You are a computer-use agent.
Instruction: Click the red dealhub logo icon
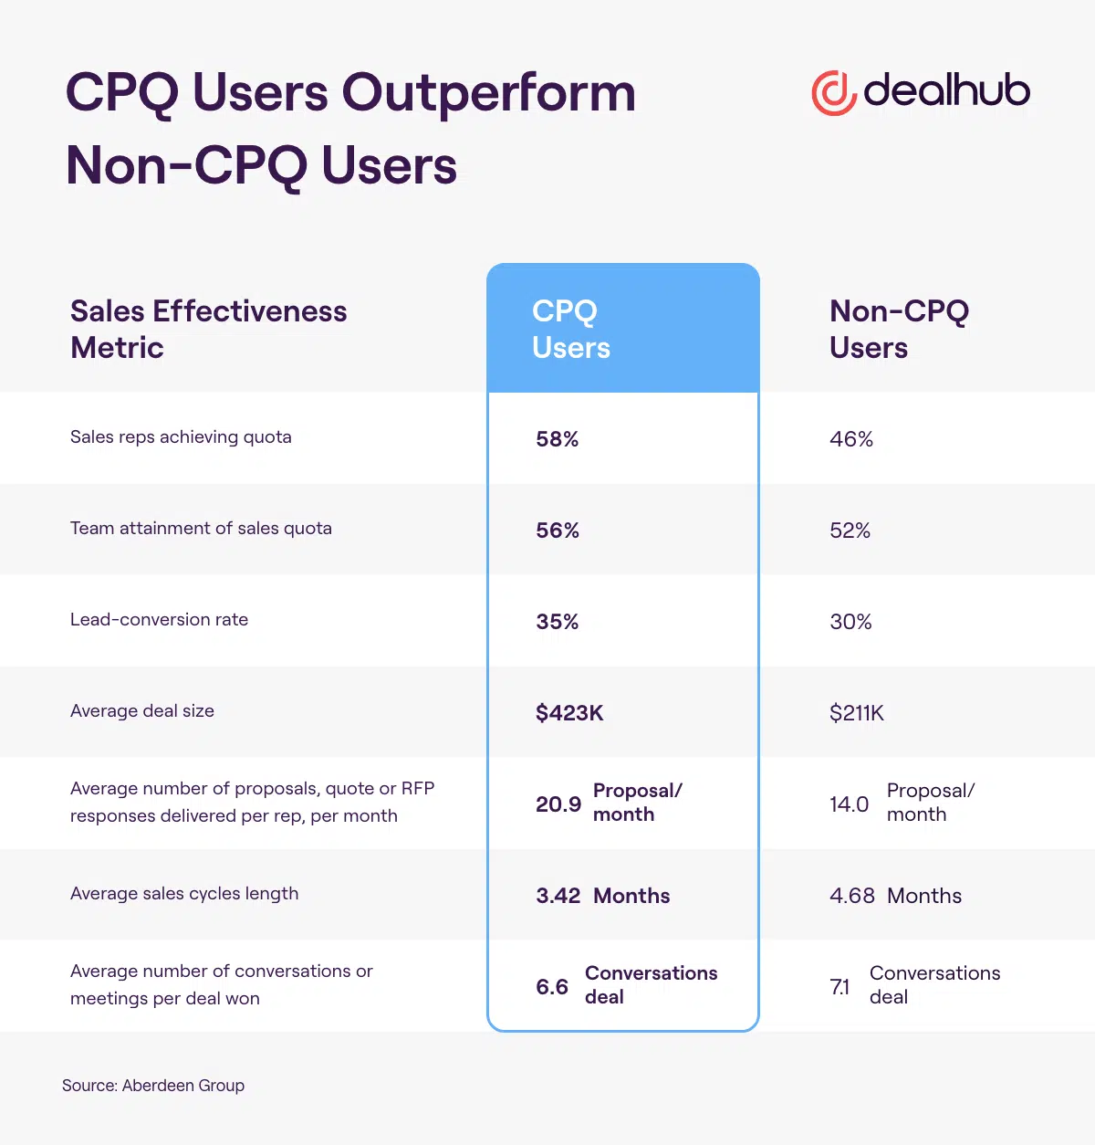click(x=833, y=92)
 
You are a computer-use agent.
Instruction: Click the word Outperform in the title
click(x=488, y=93)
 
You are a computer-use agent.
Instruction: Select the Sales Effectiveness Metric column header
click(x=208, y=329)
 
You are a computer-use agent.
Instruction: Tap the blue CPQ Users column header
click(x=571, y=329)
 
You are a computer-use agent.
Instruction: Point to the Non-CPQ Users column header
click(x=899, y=329)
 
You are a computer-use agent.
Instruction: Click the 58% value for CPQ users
click(x=558, y=439)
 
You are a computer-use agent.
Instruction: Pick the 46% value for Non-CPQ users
click(x=851, y=439)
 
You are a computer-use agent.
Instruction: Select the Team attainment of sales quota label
click(x=201, y=529)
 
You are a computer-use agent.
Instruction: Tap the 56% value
click(x=558, y=530)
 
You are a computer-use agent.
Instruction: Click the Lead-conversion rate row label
click(x=159, y=620)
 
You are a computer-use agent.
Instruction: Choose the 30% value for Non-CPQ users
click(x=850, y=622)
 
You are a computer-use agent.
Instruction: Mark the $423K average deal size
click(x=569, y=713)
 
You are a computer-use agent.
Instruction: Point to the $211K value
click(x=857, y=713)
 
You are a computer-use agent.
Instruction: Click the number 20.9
click(x=558, y=804)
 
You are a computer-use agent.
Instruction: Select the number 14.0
click(x=849, y=804)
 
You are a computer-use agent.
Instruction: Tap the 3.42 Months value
click(x=603, y=896)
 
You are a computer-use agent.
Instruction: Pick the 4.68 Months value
click(x=895, y=896)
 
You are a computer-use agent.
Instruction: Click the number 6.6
click(x=552, y=987)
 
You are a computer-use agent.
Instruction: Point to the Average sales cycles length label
click(x=184, y=894)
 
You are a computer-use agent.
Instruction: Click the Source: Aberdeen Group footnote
click(x=153, y=1086)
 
